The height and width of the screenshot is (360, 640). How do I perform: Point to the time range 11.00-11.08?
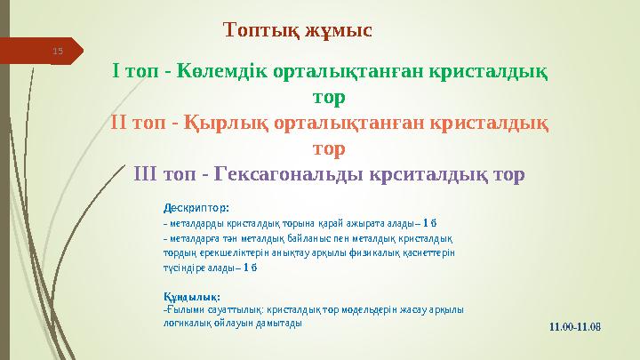click(575, 327)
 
